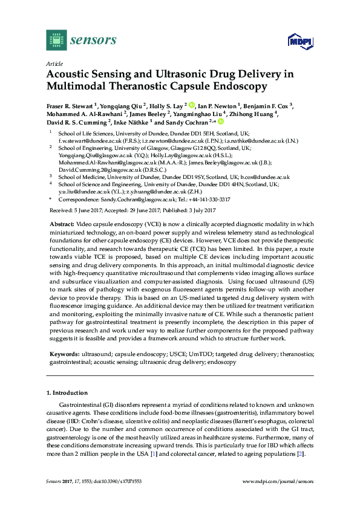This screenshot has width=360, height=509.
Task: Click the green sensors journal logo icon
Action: tap(57, 40)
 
